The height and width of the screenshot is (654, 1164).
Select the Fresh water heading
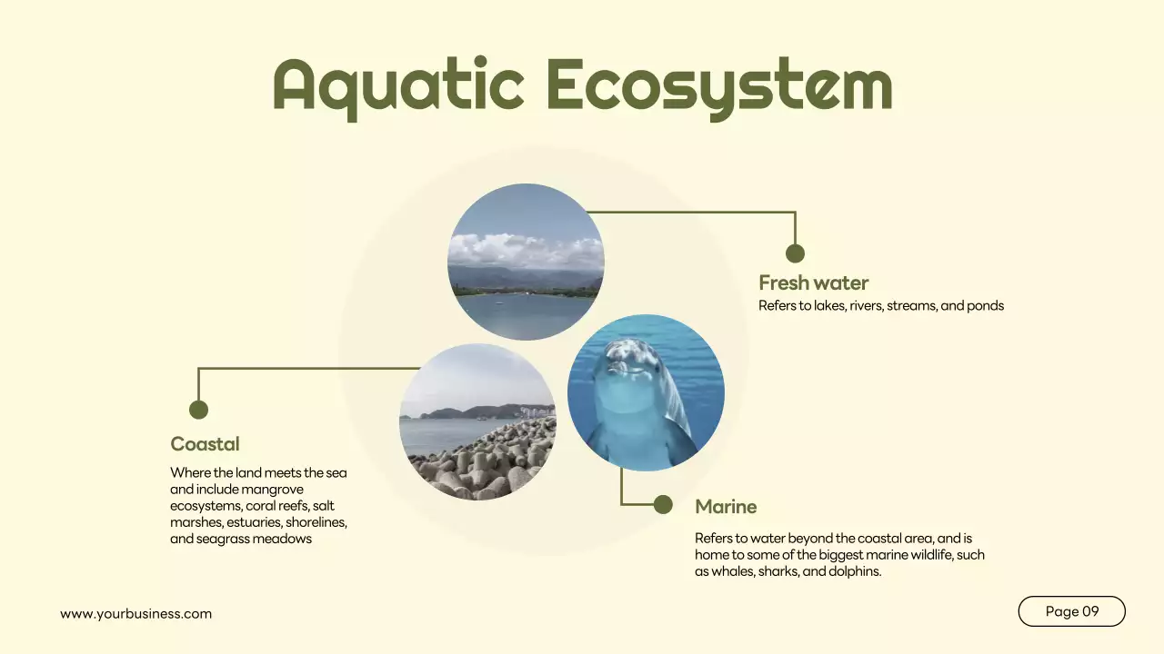(x=814, y=282)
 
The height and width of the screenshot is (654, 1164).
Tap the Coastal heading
(x=206, y=444)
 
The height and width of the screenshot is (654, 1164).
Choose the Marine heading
(x=726, y=506)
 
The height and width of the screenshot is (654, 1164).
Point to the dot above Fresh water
(x=795, y=253)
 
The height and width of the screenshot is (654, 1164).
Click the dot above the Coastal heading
(x=198, y=410)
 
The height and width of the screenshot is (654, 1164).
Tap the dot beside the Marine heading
(x=663, y=504)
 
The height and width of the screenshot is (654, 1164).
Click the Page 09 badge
(x=1071, y=611)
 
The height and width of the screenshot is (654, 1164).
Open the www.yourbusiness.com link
(x=136, y=614)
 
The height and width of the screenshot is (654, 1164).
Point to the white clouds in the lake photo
(x=523, y=250)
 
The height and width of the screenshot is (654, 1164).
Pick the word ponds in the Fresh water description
(x=986, y=306)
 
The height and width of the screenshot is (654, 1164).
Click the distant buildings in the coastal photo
(x=537, y=411)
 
